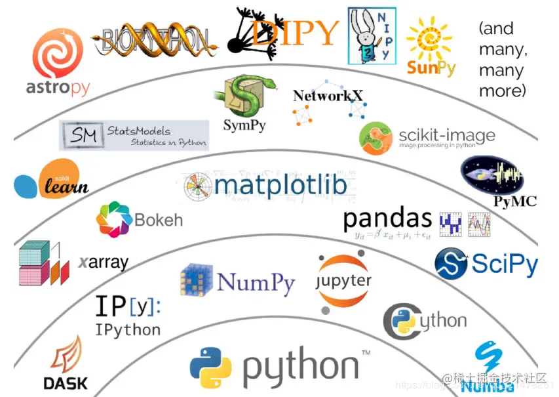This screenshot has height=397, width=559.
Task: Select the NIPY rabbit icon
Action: [x=372, y=36]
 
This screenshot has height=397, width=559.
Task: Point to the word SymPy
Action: [x=244, y=125]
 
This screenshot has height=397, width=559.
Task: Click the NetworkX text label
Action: [x=328, y=96]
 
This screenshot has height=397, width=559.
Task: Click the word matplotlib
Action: [x=280, y=186]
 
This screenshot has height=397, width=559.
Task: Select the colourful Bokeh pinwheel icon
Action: [x=113, y=219]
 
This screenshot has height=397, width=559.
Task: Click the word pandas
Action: [x=387, y=219]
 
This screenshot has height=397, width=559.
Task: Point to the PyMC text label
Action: [x=514, y=201]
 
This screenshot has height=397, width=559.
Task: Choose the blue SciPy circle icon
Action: [x=451, y=263]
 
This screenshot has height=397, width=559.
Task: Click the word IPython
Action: [x=128, y=329]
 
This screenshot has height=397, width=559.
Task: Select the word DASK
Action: [x=65, y=383]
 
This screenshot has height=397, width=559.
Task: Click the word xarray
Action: [x=104, y=263]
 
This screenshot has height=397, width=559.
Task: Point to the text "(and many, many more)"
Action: [x=503, y=60]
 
